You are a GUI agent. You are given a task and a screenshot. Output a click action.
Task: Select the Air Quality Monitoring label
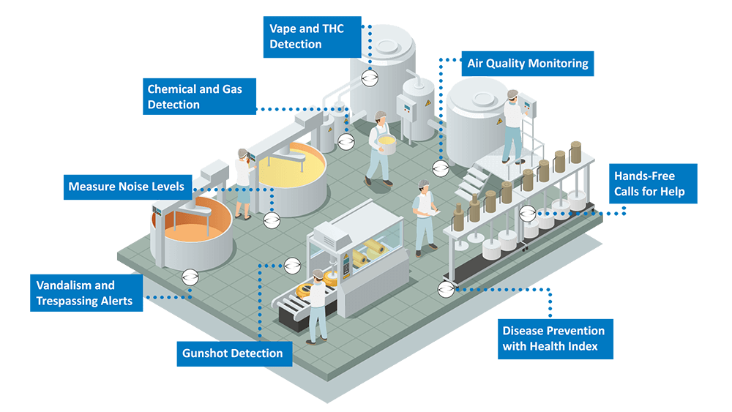(527, 64)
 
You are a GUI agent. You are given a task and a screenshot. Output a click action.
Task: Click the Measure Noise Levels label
(126, 187)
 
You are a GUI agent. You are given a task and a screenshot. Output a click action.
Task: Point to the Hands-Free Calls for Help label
(653, 184)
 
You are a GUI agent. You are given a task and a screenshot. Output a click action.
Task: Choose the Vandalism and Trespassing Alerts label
(86, 293)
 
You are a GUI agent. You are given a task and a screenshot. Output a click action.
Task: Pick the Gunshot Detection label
(234, 353)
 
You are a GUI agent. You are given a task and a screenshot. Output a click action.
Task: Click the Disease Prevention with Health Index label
(555, 338)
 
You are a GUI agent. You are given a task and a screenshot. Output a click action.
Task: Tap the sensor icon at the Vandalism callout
(190, 277)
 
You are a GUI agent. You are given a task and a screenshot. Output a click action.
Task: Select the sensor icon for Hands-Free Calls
(527, 214)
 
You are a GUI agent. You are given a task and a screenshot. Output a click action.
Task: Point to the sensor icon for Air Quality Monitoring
(440, 169)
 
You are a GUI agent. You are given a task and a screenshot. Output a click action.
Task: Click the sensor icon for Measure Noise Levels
(272, 219)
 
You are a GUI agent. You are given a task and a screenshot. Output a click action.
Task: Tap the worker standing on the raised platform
(512, 124)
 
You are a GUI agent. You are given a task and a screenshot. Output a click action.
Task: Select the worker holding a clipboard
(424, 215)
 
